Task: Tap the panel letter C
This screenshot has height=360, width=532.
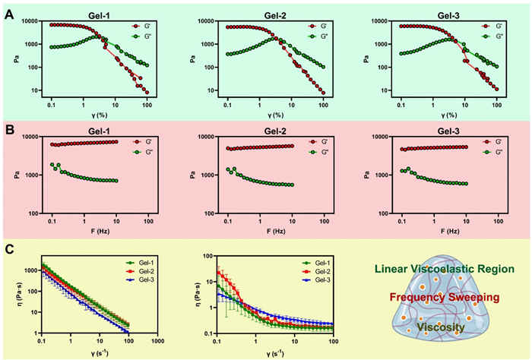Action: (9, 247)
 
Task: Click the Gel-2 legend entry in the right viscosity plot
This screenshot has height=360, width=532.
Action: (319, 271)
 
